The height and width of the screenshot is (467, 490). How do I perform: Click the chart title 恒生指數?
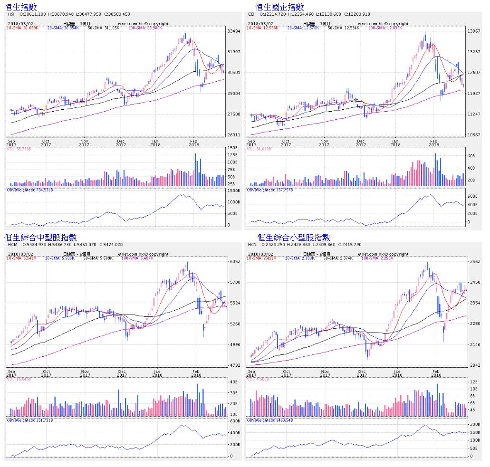click(x=20, y=7)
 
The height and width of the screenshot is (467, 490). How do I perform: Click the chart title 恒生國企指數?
click(x=279, y=7)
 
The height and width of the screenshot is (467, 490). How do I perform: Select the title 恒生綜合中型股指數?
click(x=40, y=237)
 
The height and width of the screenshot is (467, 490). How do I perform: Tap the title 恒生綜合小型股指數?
click(x=294, y=237)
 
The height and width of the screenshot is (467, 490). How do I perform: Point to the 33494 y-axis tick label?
click(x=234, y=31)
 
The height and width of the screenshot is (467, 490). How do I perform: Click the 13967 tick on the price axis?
click(x=473, y=31)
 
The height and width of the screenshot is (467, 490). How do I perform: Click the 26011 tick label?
click(x=234, y=135)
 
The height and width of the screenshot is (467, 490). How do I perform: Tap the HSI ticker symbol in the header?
click(x=11, y=14)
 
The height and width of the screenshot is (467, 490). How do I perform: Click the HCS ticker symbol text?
click(x=252, y=245)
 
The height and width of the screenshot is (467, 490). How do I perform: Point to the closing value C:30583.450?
click(x=113, y=14)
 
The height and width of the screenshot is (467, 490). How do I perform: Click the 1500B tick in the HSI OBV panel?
click(x=233, y=191)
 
